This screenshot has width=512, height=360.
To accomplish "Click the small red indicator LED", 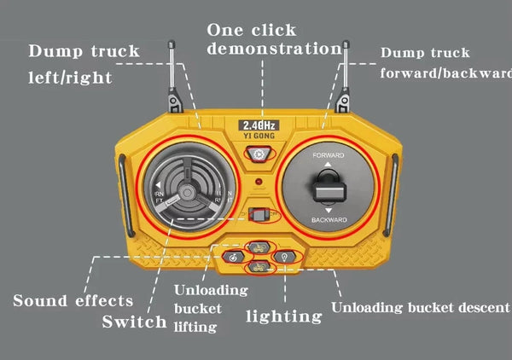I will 258,183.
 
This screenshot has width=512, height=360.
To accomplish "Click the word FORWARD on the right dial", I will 329,157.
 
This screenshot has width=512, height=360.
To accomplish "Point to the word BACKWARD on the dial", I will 329,220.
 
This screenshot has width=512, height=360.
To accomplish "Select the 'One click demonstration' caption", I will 272,38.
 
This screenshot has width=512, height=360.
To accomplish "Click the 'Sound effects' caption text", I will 73,300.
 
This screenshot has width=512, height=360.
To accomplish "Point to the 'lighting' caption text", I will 284,316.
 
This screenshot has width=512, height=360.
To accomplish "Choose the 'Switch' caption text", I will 134,322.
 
